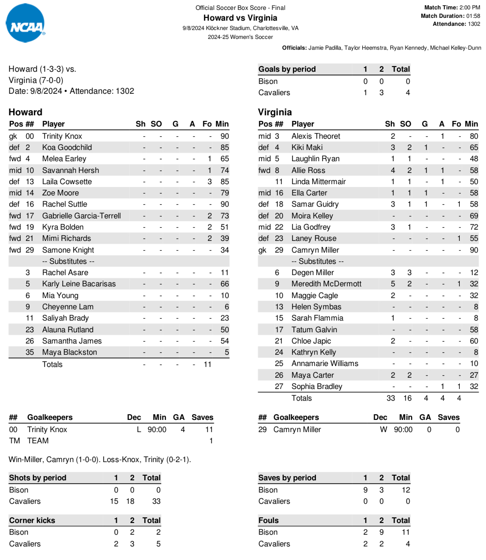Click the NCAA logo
coord(26,23)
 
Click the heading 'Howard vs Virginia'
coord(240,18)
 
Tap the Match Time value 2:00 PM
coord(470,7)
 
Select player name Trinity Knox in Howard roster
coord(62,136)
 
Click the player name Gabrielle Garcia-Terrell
coord(82,216)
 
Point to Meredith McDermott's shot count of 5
coord(393,284)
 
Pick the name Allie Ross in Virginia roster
coord(308,171)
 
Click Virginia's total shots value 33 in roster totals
coord(390,398)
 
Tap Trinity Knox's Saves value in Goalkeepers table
coord(209,430)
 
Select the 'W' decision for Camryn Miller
coord(383,430)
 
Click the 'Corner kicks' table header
coord(32,521)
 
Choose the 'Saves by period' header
coord(287,478)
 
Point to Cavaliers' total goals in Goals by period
coord(408,93)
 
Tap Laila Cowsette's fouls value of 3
coord(209,182)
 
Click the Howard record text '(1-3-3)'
coord(52,69)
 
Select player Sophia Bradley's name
coord(317,387)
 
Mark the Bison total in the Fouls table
coord(405,532)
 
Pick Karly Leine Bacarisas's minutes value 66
coord(224,284)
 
